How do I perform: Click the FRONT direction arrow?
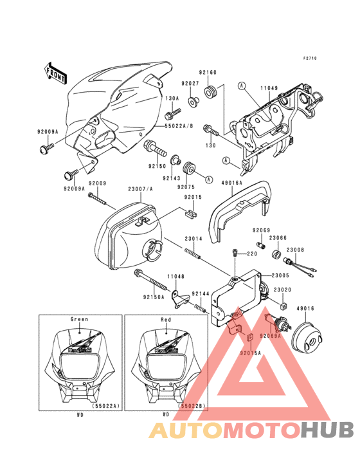(57, 73)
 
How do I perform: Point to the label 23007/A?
(141, 189)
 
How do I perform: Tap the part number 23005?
(281, 275)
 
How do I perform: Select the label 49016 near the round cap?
(305, 308)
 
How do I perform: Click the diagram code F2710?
(310, 59)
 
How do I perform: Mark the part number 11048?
(176, 276)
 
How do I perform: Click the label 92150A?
(154, 297)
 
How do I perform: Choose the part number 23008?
(295, 249)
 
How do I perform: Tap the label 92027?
(190, 83)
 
